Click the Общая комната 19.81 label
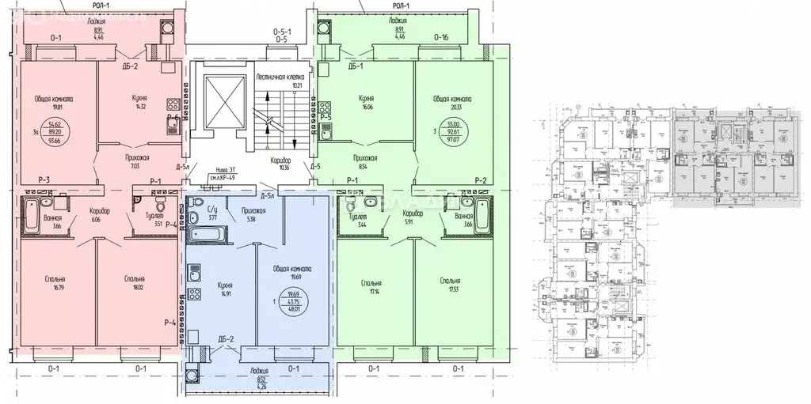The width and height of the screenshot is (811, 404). click(54, 104)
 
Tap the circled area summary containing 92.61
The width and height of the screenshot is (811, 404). click(454, 131)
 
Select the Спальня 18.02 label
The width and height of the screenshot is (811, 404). click(133, 283)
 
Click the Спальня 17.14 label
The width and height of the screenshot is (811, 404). click(370, 287)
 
